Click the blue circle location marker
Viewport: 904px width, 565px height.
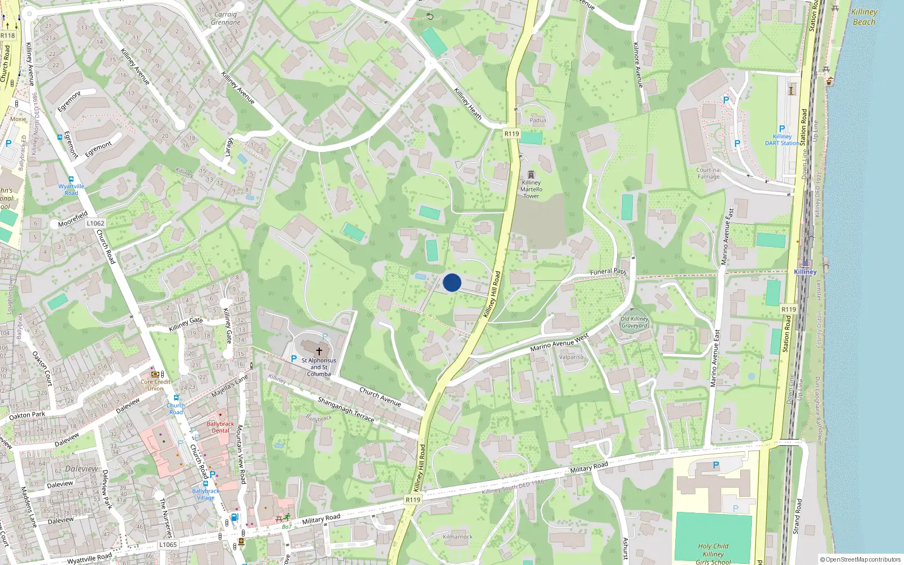452,282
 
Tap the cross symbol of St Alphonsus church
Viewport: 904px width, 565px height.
319,351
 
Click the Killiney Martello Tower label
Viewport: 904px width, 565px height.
531,189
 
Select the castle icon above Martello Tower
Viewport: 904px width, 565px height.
531,175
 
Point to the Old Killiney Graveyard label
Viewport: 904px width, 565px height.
634,322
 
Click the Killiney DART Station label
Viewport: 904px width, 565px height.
782,140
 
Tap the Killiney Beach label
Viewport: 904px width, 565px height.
864,17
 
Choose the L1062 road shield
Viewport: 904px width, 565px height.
95,223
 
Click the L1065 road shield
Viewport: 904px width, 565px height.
168,545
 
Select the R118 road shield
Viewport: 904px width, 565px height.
8,36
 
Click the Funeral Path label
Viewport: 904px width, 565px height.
608,272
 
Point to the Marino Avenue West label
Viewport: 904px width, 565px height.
559,342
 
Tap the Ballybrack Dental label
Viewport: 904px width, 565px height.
220,427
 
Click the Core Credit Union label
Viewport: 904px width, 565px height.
155,385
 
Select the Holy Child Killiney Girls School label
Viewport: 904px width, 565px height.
713,554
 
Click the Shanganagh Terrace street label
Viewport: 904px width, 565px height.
346,409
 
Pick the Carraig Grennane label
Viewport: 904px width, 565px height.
225,19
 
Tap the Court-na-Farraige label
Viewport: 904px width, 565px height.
709,173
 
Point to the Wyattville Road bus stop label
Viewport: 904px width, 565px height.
71,189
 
